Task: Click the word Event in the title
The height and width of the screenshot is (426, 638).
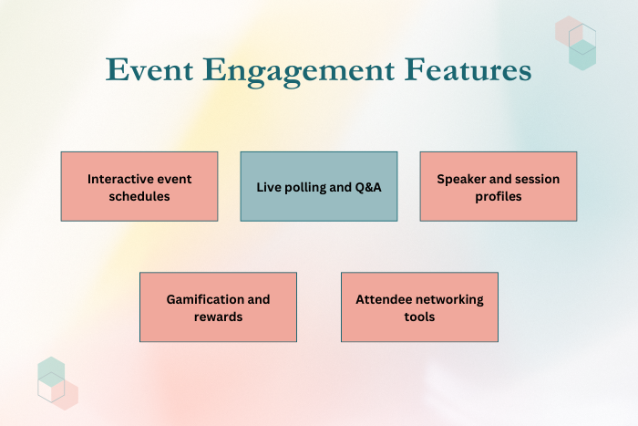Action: pyautogui.click(x=149, y=69)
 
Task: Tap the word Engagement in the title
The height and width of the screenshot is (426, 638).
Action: pyautogui.click(x=299, y=72)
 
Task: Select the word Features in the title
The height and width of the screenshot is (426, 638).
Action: pyautogui.click(x=468, y=69)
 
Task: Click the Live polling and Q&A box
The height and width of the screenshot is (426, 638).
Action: pyautogui.click(x=319, y=186)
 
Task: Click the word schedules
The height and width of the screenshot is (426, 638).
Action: pyautogui.click(x=139, y=196)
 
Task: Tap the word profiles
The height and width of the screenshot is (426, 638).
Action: pyautogui.click(x=499, y=197)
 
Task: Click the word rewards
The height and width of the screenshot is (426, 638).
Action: pyautogui.click(x=218, y=317)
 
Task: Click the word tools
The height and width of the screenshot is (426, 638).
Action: pyautogui.click(x=419, y=317)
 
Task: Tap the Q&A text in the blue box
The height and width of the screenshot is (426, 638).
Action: pyautogui.click(x=368, y=187)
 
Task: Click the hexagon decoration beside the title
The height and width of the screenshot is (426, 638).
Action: pyautogui.click(x=576, y=43)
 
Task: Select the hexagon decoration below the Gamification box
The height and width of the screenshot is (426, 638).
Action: pyautogui.click(x=57, y=383)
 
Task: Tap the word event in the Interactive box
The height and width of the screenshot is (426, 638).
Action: pyautogui.click(x=173, y=180)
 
